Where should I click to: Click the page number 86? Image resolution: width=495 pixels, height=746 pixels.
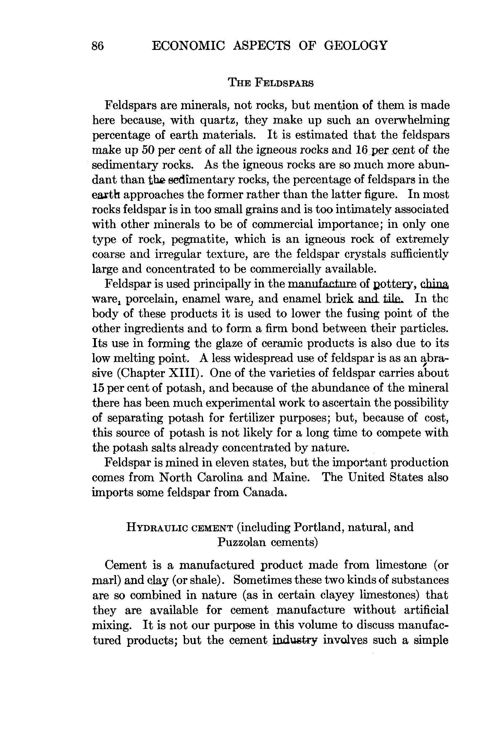(98, 46)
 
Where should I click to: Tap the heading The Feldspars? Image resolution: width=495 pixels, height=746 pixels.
(271, 83)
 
